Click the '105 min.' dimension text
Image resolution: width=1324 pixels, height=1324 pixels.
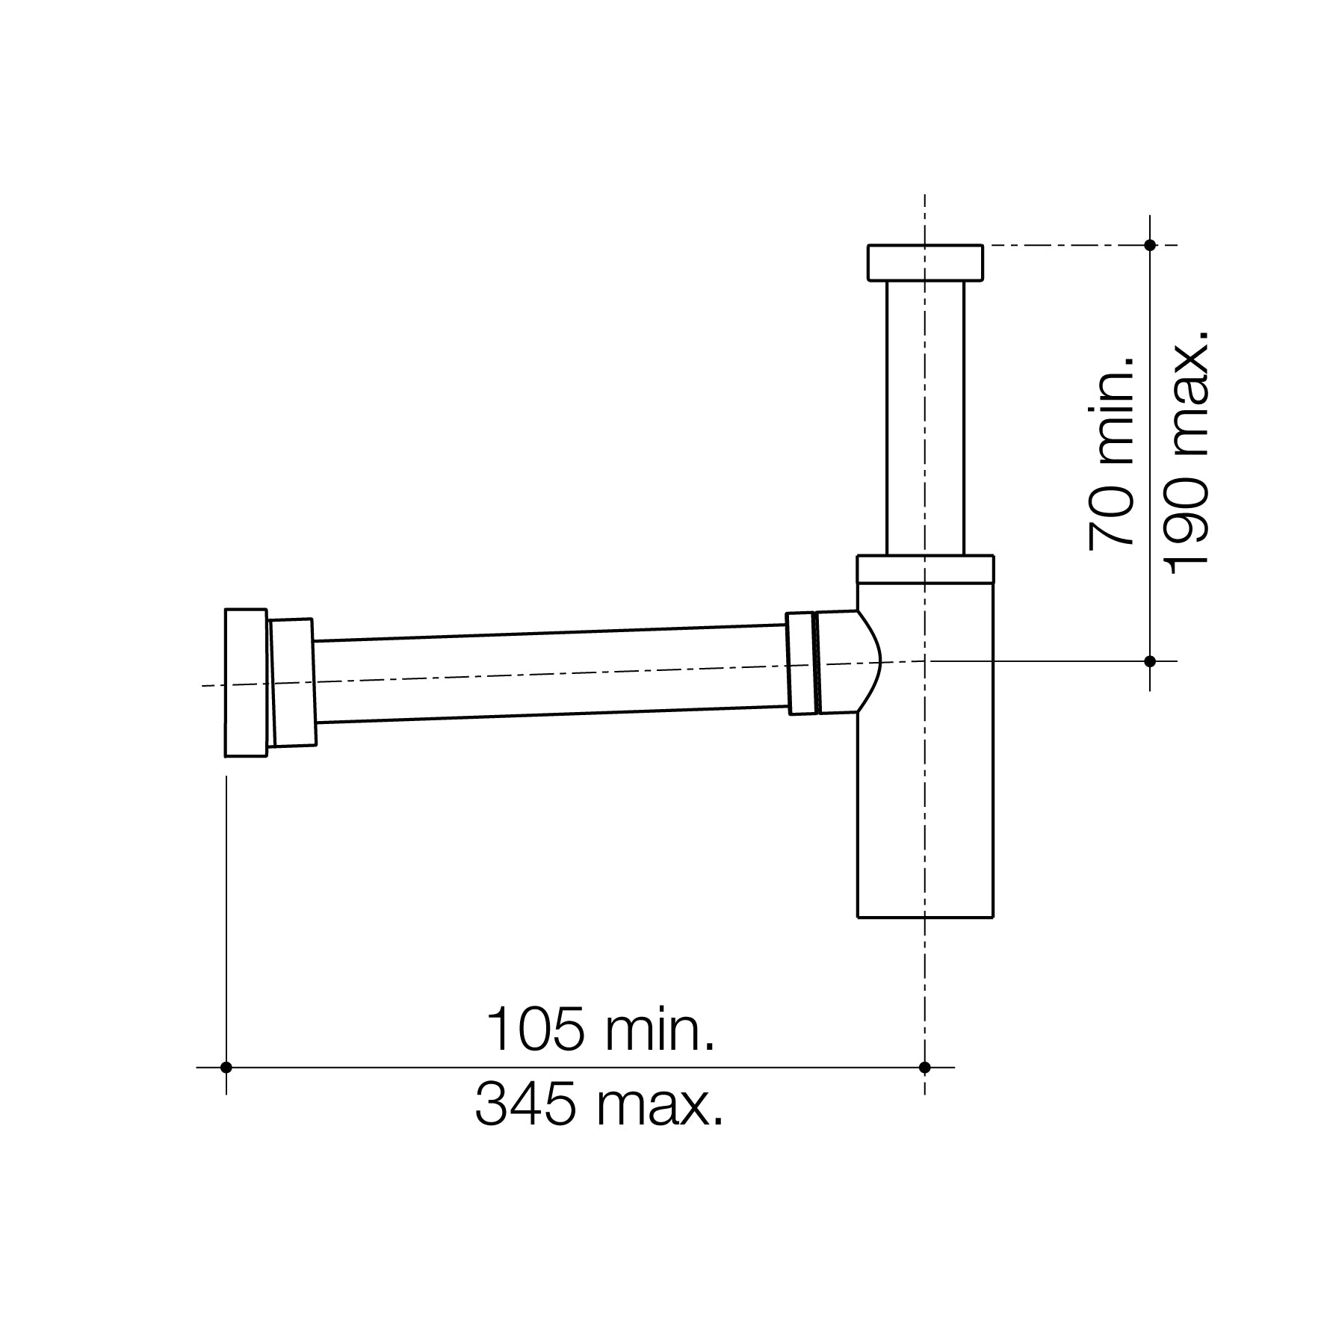[600, 1030]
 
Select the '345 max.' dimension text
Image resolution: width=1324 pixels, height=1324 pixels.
[599, 1106]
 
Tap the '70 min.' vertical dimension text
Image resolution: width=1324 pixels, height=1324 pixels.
[1112, 454]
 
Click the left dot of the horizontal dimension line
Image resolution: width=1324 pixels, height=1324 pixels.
[226, 1067]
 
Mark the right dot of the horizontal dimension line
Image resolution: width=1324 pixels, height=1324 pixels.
[924, 1067]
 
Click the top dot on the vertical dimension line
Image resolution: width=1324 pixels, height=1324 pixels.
[1150, 245]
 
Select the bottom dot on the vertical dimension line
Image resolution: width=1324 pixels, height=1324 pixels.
[1150, 661]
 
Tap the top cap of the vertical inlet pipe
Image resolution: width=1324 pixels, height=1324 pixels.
[924, 262]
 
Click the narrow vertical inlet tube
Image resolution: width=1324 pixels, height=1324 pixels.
[925, 418]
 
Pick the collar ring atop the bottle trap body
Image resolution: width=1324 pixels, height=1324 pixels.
[925, 569]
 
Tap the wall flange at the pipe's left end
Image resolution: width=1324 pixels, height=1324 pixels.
[246, 682]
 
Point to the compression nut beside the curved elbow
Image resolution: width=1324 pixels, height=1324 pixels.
[801, 663]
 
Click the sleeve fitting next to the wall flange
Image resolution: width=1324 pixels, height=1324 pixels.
[292, 682]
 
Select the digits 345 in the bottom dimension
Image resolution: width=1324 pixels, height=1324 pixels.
[525, 1106]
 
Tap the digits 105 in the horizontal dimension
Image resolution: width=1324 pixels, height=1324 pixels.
[535, 1030]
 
